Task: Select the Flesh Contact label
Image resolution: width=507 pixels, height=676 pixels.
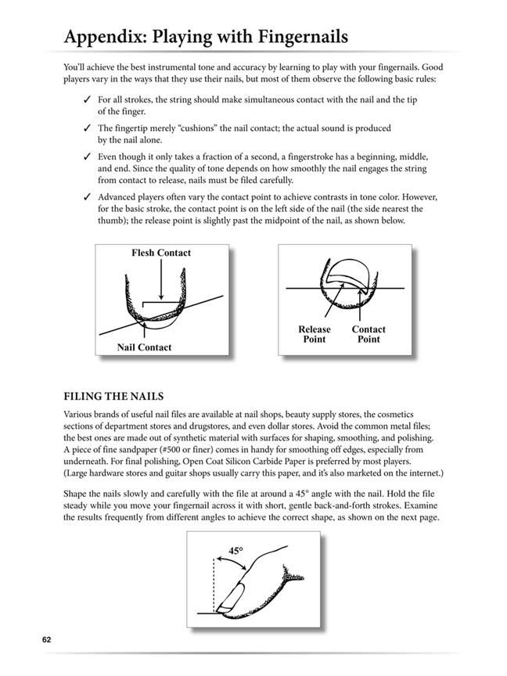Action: coord(162,253)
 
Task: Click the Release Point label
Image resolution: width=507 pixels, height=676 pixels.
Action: coord(315,334)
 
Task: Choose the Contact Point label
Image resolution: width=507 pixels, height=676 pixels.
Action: coord(368,334)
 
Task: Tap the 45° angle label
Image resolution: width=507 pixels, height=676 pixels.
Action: coord(236,551)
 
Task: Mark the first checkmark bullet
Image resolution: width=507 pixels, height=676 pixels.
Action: coord(85,101)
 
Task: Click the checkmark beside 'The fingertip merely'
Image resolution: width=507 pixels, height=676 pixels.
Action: coord(85,128)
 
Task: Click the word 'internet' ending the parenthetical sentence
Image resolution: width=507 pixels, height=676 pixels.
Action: coord(423,473)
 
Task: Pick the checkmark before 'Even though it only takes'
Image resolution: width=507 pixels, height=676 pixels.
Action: coord(85,156)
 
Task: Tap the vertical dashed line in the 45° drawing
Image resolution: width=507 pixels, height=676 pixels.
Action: coord(213,583)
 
